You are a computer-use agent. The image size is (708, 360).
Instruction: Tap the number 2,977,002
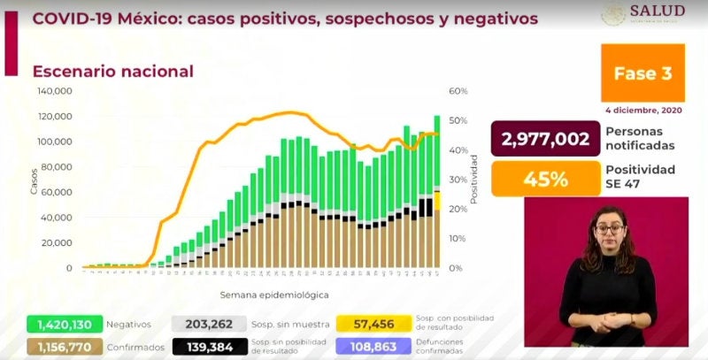pos(545,139)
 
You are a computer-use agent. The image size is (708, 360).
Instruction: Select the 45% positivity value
pos(545,180)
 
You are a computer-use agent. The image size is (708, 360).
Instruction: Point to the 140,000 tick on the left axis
pos(54,91)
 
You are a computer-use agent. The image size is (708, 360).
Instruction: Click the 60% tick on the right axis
pos(458,91)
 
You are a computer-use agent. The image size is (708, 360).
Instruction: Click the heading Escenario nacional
pos(112,72)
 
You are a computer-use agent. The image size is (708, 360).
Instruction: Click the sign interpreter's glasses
pos(610,227)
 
